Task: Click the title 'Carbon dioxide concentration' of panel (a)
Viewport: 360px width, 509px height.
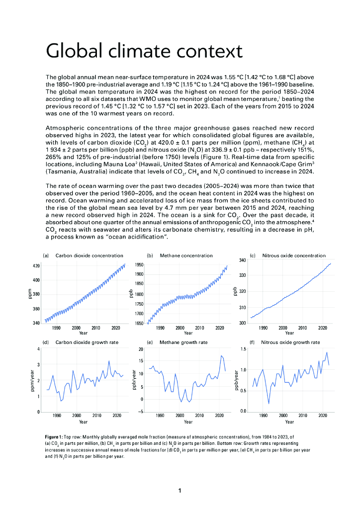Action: [x=89, y=255]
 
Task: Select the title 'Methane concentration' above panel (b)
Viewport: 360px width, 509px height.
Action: [x=186, y=255]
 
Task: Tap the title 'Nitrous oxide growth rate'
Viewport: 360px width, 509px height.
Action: [x=290, y=342]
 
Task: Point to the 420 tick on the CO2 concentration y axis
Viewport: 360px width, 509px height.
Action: [x=37, y=266]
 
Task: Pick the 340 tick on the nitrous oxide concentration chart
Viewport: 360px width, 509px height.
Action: [x=242, y=260]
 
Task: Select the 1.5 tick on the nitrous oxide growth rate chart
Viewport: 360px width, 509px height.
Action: [x=243, y=349]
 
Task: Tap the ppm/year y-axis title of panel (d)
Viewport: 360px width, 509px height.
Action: [x=31, y=381]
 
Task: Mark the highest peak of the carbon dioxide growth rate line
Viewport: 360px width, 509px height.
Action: [x=109, y=361]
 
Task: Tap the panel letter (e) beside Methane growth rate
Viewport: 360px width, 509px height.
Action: [x=150, y=342]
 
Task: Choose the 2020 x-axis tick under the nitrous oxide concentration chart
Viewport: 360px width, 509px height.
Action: [x=322, y=328]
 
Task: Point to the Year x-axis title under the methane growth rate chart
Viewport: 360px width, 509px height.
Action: [x=188, y=422]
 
